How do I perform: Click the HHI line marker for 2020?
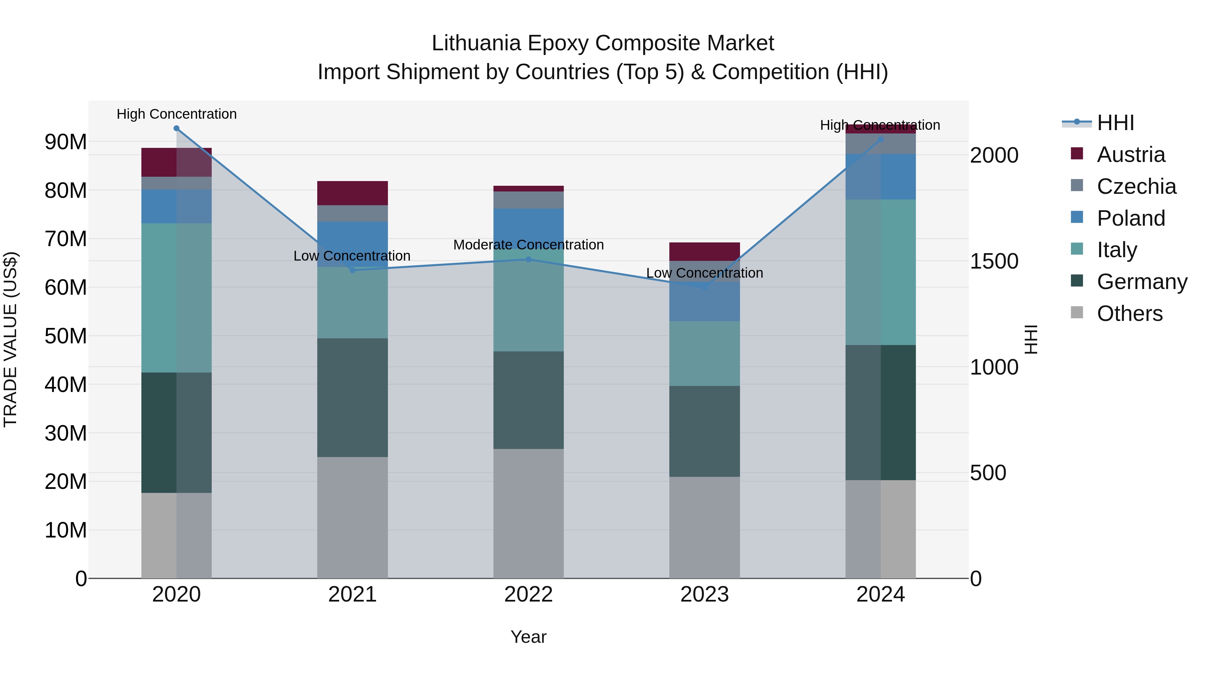pos(177,128)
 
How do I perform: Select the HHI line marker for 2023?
pos(705,287)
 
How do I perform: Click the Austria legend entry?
pos(1130,155)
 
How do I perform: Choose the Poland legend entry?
pos(1130,218)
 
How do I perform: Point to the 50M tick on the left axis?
pos(66,336)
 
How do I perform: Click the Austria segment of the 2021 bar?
pos(352,193)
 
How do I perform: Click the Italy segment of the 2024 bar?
pos(881,272)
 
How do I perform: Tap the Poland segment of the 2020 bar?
pos(177,206)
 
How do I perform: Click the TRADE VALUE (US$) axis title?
pos(10,339)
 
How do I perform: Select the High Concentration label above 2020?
pos(177,114)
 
